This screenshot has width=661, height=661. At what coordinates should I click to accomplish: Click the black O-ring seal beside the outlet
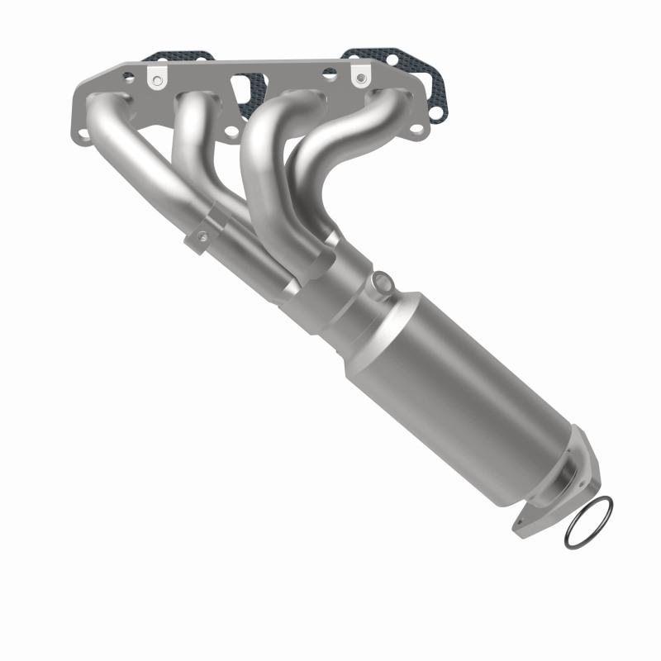pos(589,522)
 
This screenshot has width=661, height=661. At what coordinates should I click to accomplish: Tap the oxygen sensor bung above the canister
pos(381,284)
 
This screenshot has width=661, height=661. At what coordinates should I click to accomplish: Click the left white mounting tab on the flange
pos(156,77)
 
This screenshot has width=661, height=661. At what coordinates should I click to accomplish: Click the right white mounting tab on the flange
pos(359,75)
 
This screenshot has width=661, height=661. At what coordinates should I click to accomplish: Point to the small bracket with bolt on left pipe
pos(201,237)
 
